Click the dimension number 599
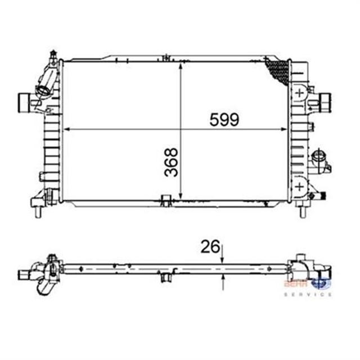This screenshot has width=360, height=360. (224, 119)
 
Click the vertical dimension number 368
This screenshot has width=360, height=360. (172, 162)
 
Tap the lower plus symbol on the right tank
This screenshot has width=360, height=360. (300, 185)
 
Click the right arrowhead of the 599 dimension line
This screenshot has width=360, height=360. (286, 129)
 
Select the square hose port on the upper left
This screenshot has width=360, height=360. (24, 102)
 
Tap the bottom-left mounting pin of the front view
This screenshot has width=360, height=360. (38, 213)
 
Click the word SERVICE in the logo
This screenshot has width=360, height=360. (315, 294)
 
